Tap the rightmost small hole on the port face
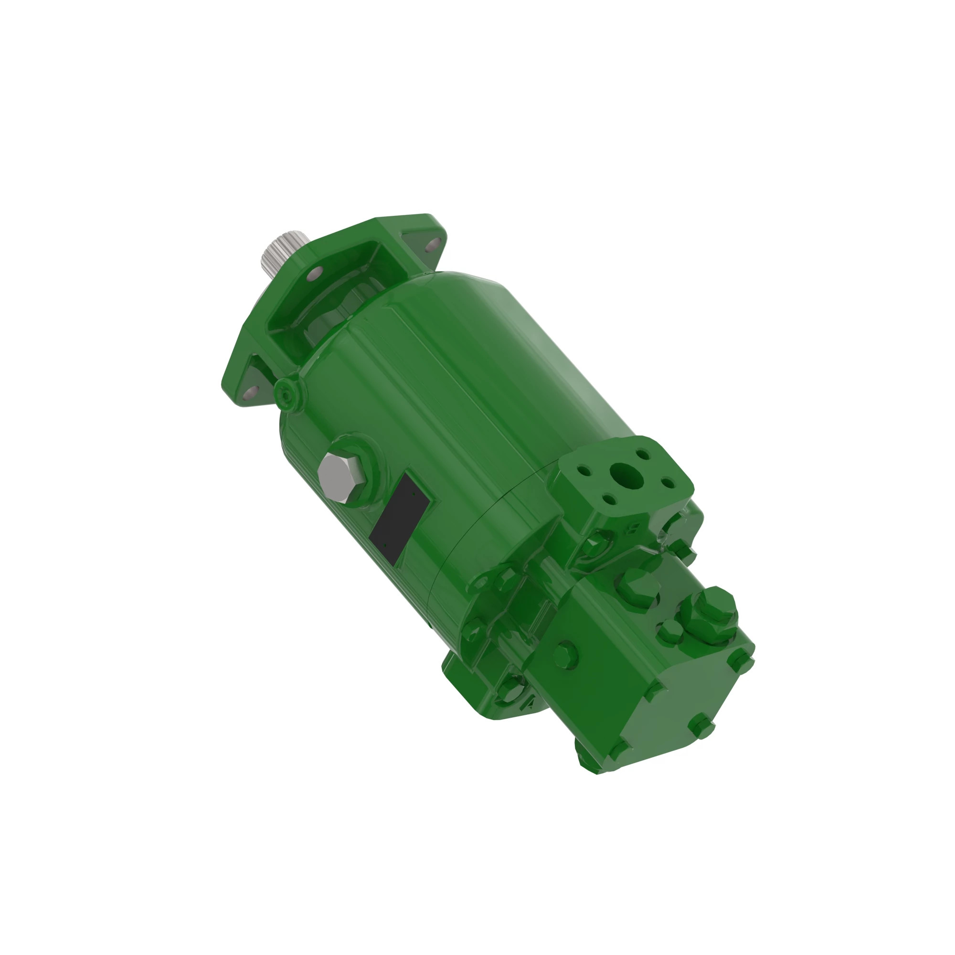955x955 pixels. click(x=668, y=482)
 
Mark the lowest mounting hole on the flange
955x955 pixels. click(x=249, y=393)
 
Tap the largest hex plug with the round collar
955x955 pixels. click(x=710, y=612)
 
